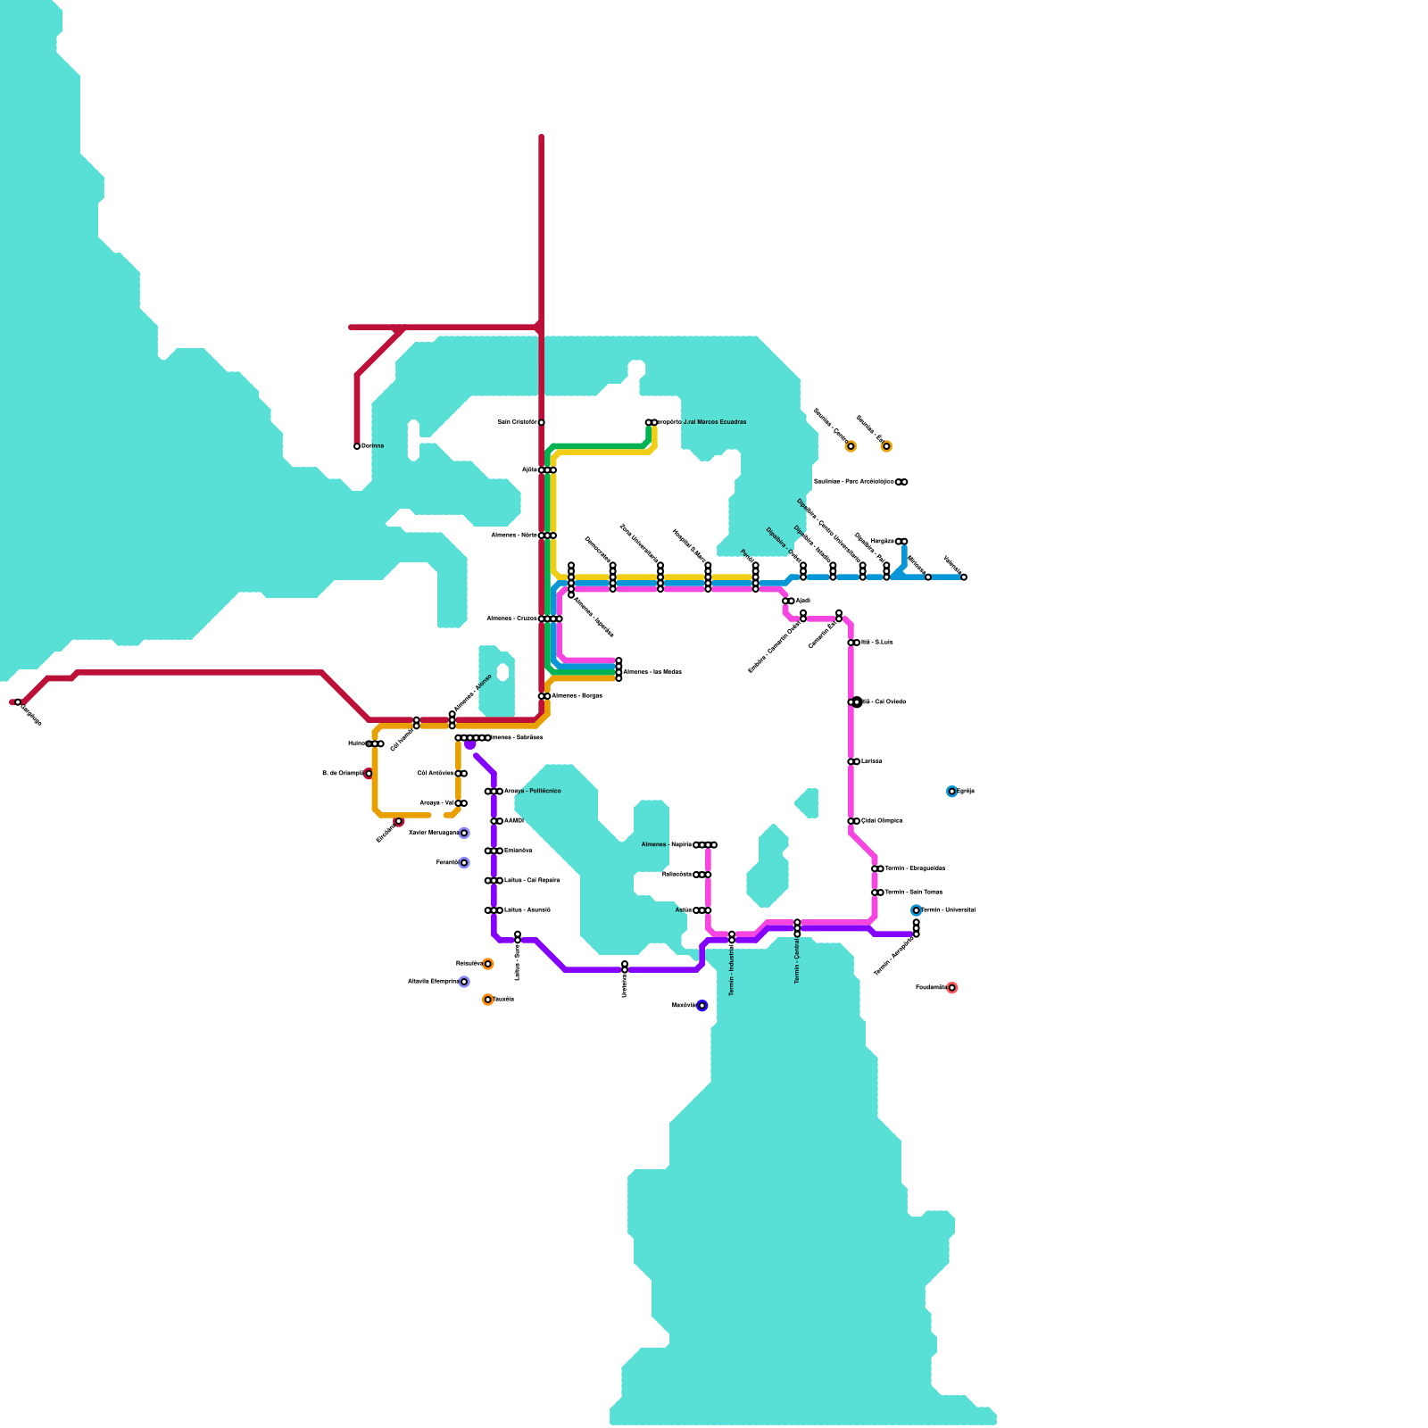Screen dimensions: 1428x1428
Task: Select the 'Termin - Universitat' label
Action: click(x=949, y=910)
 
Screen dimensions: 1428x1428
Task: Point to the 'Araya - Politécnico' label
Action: click(x=533, y=792)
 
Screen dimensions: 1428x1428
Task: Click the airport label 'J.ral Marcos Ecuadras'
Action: click(x=702, y=422)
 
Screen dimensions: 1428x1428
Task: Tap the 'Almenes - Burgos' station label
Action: click(x=577, y=696)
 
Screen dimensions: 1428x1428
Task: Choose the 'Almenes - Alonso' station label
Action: click(x=472, y=693)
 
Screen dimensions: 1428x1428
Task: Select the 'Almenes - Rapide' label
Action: click(x=667, y=844)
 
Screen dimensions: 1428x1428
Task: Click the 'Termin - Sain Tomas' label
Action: click(x=914, y=892)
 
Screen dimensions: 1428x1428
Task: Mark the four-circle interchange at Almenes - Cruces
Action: click(x=551, y=619)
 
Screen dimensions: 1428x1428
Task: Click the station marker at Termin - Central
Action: click(x=797, y=928)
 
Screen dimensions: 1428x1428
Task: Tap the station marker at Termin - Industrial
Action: click(x=732, y=937)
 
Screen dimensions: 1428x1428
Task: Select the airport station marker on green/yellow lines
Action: click(x=651, y=422)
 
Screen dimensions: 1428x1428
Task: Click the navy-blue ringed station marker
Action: click(x=702, y=1006)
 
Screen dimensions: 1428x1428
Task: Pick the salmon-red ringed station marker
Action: click(x=952, y=988)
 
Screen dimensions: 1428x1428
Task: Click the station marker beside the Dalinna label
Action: click(x=357, y=446)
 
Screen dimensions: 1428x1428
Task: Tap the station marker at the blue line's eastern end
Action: click(x=964, y=577)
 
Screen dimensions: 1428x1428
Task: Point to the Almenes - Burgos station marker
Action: click(x=544, y=696)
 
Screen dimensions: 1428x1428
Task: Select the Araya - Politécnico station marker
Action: click(x=494, y=792)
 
